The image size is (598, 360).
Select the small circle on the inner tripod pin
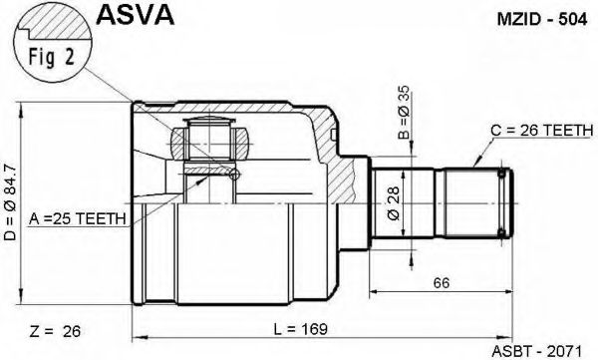[234, 176]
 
